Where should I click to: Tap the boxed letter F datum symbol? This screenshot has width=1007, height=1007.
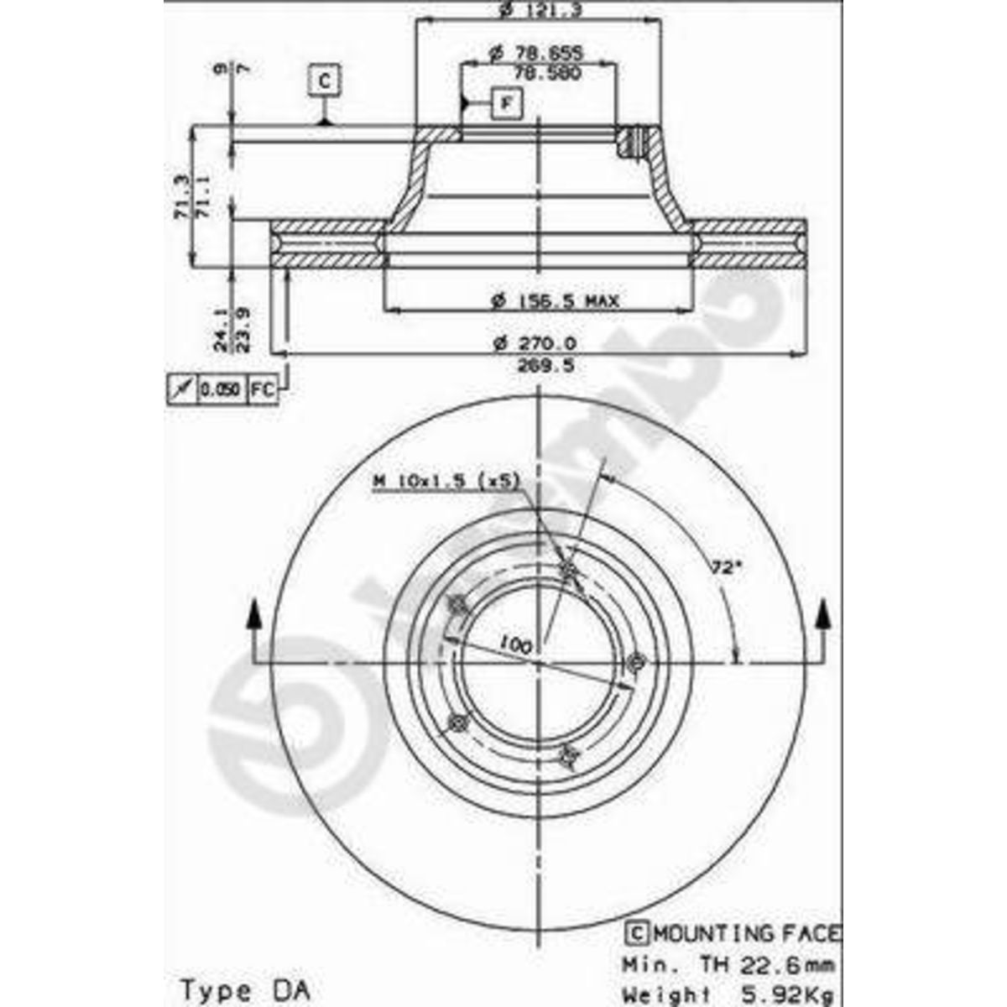506,103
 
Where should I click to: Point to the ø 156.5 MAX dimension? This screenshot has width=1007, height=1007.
556,300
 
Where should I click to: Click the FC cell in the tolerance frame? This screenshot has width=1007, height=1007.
263,389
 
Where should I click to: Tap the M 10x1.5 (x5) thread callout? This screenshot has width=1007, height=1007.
446,481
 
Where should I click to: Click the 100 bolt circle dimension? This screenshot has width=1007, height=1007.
514,644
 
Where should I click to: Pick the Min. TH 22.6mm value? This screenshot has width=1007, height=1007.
728,964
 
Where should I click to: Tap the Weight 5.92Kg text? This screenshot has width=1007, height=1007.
728,995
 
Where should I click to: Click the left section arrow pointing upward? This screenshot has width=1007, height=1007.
253,617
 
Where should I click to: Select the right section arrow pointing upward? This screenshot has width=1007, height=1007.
825,617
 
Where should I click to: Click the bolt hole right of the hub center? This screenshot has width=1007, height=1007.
635,662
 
